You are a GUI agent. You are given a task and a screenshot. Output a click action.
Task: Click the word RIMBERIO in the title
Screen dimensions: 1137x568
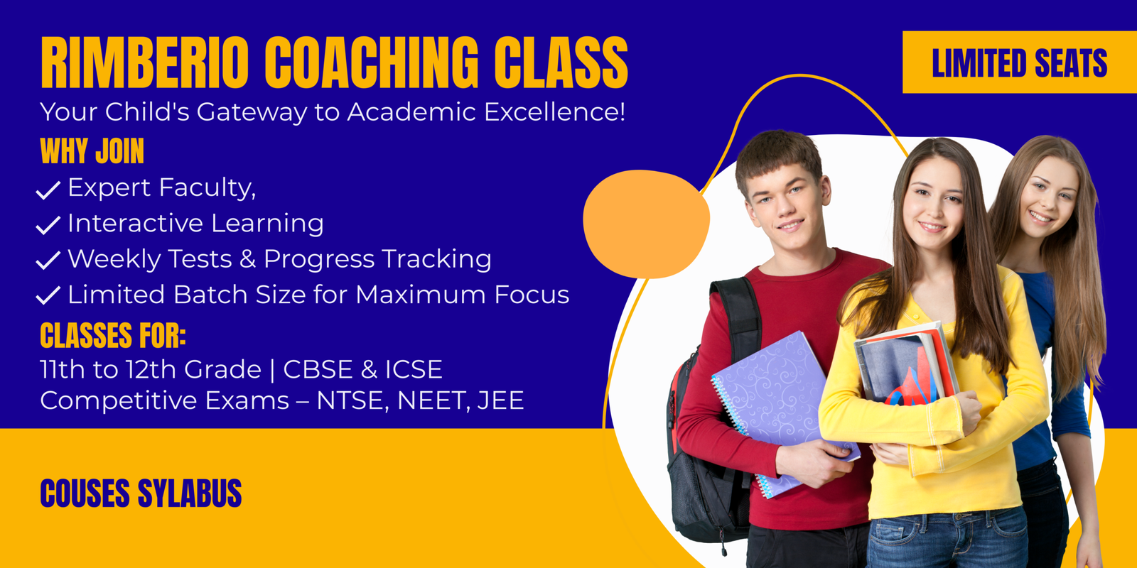[145, 63]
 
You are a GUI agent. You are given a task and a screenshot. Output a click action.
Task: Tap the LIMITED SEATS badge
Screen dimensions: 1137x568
[1019, 62]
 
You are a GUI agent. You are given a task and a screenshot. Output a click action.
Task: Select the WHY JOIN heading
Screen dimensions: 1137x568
[92, 151]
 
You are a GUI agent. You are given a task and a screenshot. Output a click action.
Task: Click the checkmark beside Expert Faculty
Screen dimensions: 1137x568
[48, 190]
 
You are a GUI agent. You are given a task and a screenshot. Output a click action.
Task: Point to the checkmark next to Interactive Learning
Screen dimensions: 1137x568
[48, 225]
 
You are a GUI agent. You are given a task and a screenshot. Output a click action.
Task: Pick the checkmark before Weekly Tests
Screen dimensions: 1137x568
[48, 260]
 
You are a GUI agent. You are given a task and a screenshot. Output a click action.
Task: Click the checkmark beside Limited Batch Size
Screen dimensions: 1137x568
[48, 295]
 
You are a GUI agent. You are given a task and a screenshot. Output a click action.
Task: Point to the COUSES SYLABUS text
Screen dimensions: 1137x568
[141, 493]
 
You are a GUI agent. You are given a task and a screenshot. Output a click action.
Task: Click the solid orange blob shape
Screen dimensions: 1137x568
[646, 224]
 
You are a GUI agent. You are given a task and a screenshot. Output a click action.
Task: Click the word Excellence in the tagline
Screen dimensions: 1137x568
[554, 112]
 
